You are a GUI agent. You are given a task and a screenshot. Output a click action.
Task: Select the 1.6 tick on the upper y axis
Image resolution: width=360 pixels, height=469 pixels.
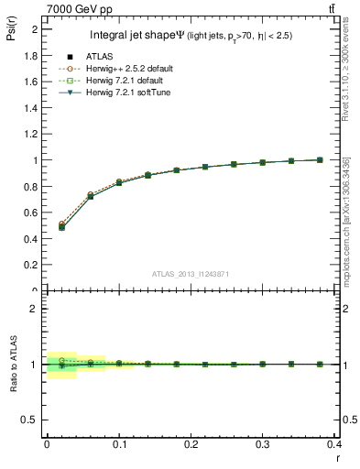(x=31, y=82)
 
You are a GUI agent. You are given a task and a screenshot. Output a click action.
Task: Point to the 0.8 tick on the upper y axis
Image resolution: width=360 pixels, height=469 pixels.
(x=31, y=187)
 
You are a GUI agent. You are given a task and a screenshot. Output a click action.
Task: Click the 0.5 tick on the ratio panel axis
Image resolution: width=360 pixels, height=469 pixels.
(x=31, y=420)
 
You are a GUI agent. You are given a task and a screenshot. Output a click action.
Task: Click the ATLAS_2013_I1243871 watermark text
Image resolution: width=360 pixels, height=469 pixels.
(x=191, y=274)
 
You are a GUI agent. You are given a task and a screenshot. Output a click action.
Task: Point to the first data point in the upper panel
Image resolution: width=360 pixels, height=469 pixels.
(x=61, y=227)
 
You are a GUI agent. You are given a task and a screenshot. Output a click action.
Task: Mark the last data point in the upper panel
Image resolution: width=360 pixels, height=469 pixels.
(x=320, y=159)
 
